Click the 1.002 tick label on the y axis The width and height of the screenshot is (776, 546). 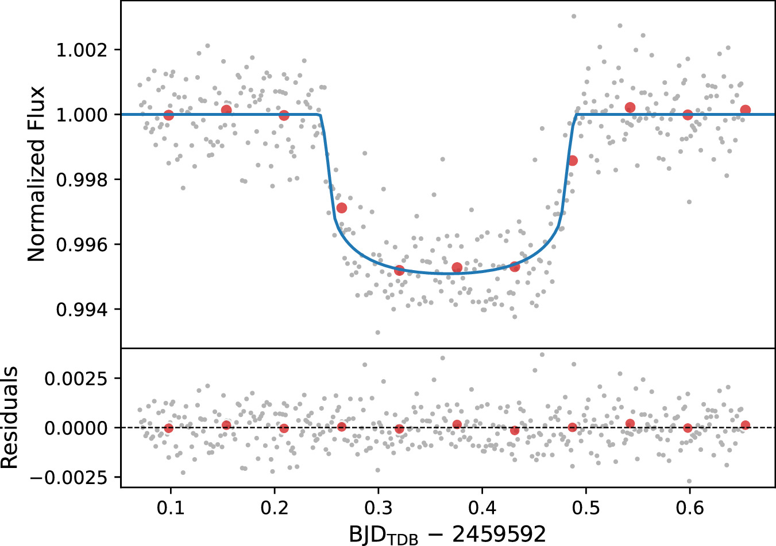tap(81, 50)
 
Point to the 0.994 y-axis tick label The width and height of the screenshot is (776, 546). tap(81, 310)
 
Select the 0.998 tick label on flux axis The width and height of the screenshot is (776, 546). tap(81, 180)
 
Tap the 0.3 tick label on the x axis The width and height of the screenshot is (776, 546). tap(378, 508)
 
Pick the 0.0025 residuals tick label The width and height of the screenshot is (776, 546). tap(75, 379)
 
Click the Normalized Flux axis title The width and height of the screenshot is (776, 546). tap(36, 174)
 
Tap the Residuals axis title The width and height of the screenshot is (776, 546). tap(10, 418)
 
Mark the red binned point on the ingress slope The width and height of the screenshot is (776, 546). tap(342, 208)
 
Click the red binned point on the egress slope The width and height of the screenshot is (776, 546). tap(573, 161)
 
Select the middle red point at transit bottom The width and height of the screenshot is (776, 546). tap(457, 267)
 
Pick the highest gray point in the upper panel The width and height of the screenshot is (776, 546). tap(573, 16)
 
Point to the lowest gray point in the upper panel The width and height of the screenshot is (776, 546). tap(377, 332)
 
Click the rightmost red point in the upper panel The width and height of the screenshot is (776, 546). tap(746, 110)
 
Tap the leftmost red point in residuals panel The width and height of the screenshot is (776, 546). tap(168, 428)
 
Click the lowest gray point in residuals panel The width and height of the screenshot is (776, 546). tap(689, 481)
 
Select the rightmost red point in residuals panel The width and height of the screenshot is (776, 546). tap(746, 425)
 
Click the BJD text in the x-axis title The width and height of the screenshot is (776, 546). tap(373, 534)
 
